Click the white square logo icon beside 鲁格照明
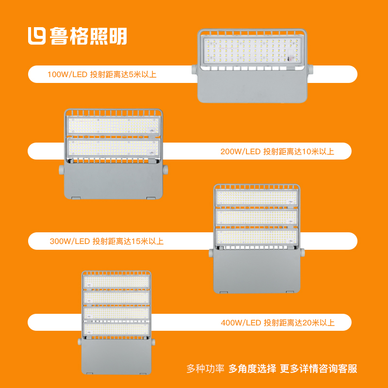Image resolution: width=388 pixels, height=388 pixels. (37, 36)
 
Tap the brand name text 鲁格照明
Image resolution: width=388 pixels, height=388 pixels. (88, 36)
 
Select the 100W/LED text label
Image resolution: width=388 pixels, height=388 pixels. (67, 75)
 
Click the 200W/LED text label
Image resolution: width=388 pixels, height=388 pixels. (240, 151)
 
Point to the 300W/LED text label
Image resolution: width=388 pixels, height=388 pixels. (69, 241)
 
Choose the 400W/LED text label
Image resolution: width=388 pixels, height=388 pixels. (241, 323)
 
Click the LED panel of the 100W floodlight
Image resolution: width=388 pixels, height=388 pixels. (252, 51)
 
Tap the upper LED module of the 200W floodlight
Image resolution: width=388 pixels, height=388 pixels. (113, 126)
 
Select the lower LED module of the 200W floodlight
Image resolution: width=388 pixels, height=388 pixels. (113, 147)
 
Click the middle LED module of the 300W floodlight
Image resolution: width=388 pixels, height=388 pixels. (257, 217)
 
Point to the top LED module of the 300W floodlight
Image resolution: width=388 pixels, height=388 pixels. (257, 198)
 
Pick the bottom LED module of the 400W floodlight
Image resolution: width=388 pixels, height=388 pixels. (116, 329)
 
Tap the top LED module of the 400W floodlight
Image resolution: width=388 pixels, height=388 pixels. (116, 282)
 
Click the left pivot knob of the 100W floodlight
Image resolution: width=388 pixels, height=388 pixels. (195, 69)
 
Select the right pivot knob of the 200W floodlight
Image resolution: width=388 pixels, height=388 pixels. (165, 170)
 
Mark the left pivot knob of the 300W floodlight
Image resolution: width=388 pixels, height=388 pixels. (211, 253)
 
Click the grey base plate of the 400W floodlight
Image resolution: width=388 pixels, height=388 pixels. (116, 356)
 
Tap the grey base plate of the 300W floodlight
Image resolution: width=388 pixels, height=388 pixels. (257, 271)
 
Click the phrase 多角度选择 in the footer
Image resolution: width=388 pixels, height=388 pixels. (252, 369)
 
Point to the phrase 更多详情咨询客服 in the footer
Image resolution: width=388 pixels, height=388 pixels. (319, 369)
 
